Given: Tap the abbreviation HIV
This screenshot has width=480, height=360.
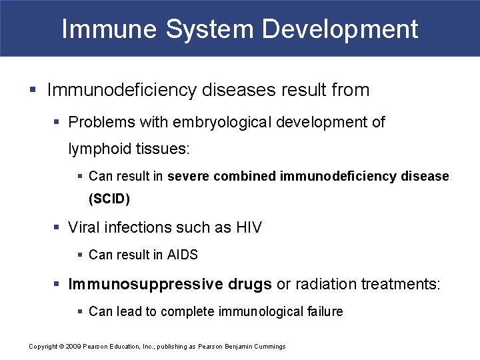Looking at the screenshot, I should point(249,228).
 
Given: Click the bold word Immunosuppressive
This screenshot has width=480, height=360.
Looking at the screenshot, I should point(146,285).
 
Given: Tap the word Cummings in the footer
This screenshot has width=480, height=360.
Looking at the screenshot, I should point(270,346).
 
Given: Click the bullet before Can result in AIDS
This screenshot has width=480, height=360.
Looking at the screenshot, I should point(81,255).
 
